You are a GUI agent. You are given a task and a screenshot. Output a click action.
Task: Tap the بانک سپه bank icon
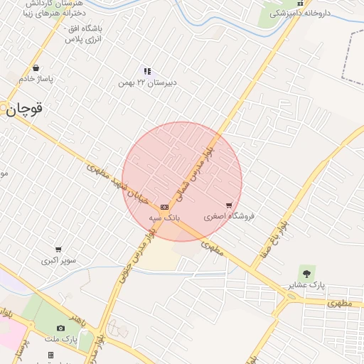pos(165,206)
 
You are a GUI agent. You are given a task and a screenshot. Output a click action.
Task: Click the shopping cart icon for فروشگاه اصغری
pos(229,205)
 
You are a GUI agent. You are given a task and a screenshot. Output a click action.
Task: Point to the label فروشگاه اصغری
pos(229,215)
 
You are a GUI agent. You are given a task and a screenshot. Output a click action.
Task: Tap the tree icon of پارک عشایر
pos(306,273)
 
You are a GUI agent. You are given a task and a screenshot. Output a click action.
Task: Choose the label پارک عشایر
pos(306,284)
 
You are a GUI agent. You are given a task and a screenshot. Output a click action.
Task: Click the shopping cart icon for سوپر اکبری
pos(58,250)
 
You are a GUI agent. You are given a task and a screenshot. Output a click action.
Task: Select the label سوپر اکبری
pos(58,260)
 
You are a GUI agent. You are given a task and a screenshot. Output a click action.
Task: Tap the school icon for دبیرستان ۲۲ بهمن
pos(147,71)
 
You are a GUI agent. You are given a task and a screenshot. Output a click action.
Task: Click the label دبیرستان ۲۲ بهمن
pos(147,82)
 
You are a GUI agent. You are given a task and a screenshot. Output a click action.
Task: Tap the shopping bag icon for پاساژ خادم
pos(36,68)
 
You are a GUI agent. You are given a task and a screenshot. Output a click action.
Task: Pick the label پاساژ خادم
pos(36,78)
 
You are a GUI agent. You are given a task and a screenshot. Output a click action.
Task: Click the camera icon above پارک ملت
pos(60,328)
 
